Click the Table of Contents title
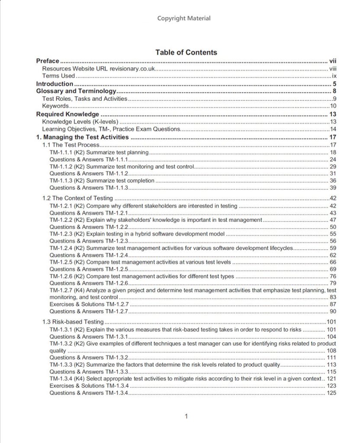coord(186,52)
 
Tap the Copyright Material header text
coord(184,18)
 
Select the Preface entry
coord(48,61)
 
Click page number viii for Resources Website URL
coord(333,68)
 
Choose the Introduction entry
coord(55,83)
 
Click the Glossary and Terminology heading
coord(76,91)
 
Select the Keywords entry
coord(55,106)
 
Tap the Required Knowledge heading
coord(67,114)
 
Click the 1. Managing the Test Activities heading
coord(82,138)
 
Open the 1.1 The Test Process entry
coord(71,145)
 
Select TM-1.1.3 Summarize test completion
coord(102,180)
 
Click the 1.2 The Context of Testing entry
coord(78,199)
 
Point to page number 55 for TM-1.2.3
coord(333,234)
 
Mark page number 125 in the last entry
coord(331,393)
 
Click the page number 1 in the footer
coord(186,417)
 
